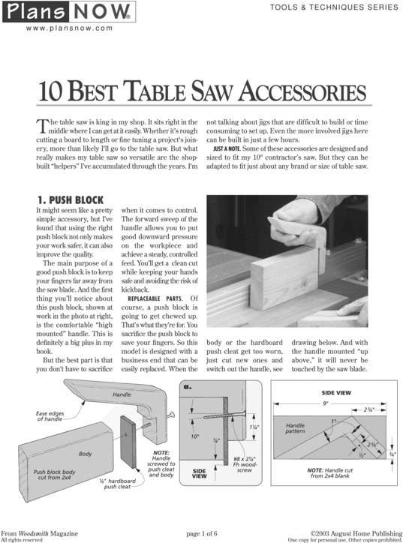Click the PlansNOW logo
click(68, 13)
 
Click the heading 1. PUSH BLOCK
click(70, 199)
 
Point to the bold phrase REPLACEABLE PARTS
click(152, 298)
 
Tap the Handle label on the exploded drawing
click(122, 394)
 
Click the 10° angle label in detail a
click(194, 436)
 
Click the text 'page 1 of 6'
click(200, 532)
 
